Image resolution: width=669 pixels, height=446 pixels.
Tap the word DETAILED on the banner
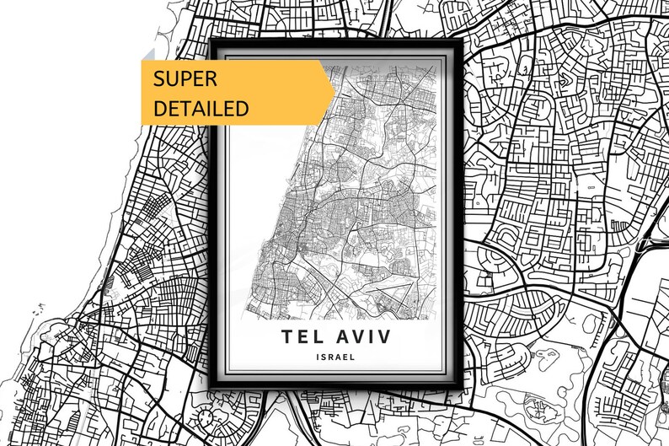[201, 108]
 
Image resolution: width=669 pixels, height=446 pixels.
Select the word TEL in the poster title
[302, 337]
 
